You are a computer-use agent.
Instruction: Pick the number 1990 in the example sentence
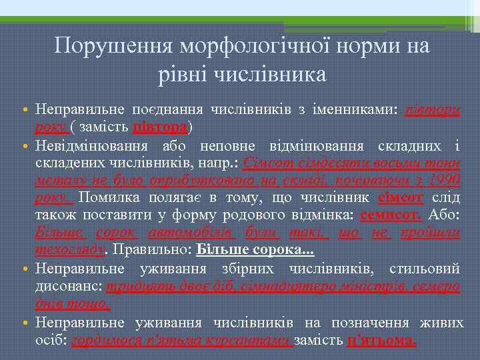point(445,181)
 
